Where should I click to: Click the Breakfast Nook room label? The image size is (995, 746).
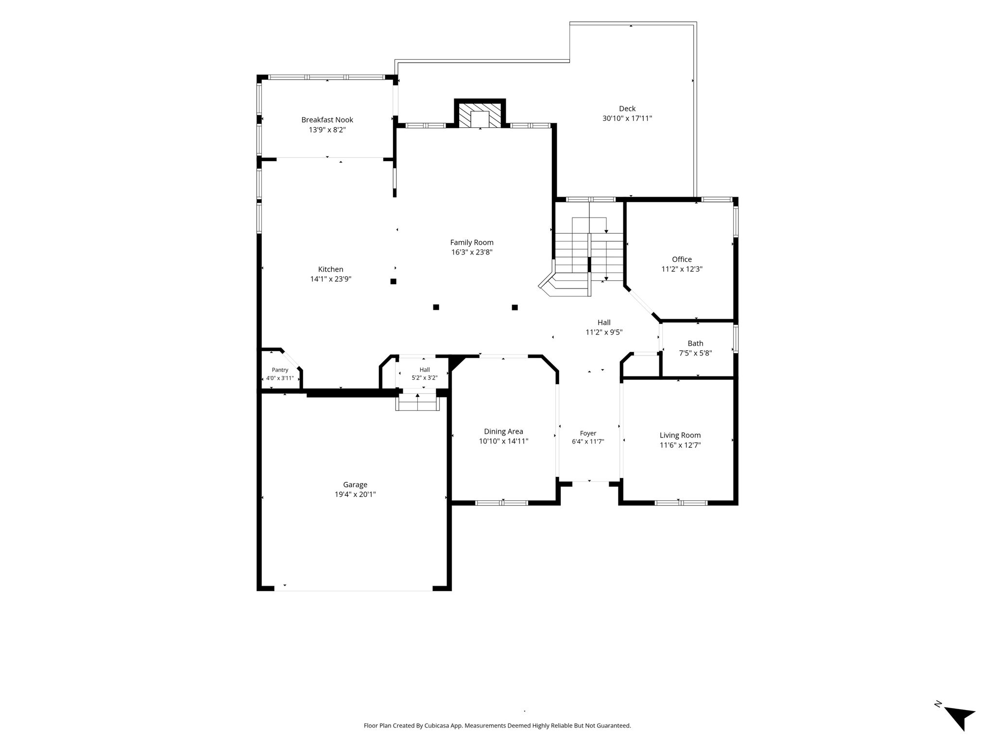pos(327,120)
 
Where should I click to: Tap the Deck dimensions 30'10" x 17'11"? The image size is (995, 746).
pos(627,119)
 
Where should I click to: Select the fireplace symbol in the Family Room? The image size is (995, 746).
pos(480,115)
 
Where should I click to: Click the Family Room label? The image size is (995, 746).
pos(472,242)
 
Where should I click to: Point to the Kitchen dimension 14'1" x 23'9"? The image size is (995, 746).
pos(331,279)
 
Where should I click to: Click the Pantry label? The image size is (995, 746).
pos(280,370)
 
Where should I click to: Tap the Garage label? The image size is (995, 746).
pos(355,485)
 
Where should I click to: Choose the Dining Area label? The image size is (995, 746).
pos(503,431)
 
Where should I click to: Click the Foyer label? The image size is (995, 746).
pos(588,433)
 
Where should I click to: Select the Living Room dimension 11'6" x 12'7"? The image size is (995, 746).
pos(680,445)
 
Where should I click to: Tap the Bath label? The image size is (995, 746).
pos(695,343)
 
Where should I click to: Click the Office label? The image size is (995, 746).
pos(682,259)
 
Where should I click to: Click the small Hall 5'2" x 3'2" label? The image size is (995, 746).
pos(425,373)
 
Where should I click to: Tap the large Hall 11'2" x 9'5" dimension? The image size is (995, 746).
pos(604,333)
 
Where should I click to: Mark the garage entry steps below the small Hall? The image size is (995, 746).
pos(418,402)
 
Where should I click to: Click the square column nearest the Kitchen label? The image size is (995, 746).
pos(394,281)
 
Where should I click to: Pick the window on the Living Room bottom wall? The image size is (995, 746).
pos(681,503)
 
